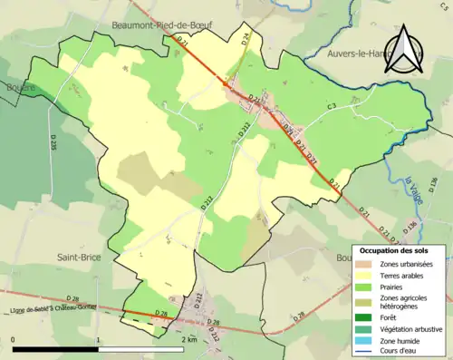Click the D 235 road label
[x=53, y=144]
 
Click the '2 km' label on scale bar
[x=187, y=339]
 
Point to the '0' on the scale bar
[x=14, y=339]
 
